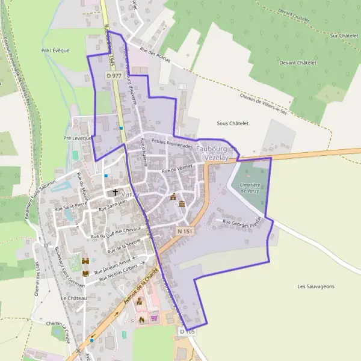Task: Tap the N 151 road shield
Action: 184,231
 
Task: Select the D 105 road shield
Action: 187,331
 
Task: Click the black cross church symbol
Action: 116,193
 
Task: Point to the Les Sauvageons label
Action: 315,286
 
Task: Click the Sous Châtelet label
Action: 232,123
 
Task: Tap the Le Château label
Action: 74,298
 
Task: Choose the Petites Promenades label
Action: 172,143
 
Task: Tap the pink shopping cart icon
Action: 154,318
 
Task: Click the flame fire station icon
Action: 142,319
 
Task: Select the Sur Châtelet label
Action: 343,36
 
